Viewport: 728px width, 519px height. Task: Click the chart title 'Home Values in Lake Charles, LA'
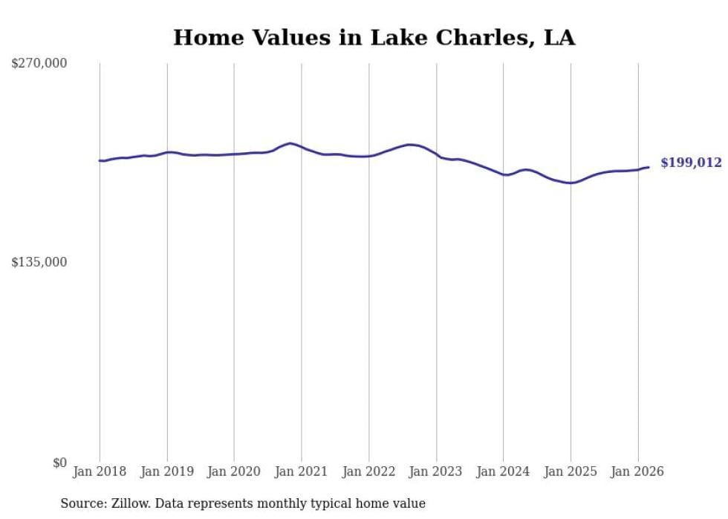point(374,37)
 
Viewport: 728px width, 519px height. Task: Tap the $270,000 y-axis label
point(39,64)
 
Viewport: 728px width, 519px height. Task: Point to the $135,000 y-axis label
point(39,262)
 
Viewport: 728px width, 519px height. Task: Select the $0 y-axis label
point(59,463)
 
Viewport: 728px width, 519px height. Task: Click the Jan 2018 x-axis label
point(100,471)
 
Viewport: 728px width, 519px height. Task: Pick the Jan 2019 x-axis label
point(167,471)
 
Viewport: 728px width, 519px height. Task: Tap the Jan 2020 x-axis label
point(234,471)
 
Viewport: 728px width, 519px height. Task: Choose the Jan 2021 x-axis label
point(302,471)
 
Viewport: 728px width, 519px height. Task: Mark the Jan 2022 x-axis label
point(368,471)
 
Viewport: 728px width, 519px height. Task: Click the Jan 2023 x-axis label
point(436,471)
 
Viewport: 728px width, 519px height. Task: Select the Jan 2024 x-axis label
point(503,471)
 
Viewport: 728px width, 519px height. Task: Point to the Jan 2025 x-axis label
point(571,471)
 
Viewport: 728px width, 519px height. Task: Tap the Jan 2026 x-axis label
point(637,471)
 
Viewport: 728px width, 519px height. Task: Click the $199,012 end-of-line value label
point(691,163)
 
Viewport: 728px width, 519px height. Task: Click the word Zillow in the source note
point(130,503)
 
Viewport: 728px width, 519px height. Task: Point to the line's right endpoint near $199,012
point(649,167)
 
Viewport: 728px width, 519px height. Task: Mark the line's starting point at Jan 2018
point(100,160)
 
